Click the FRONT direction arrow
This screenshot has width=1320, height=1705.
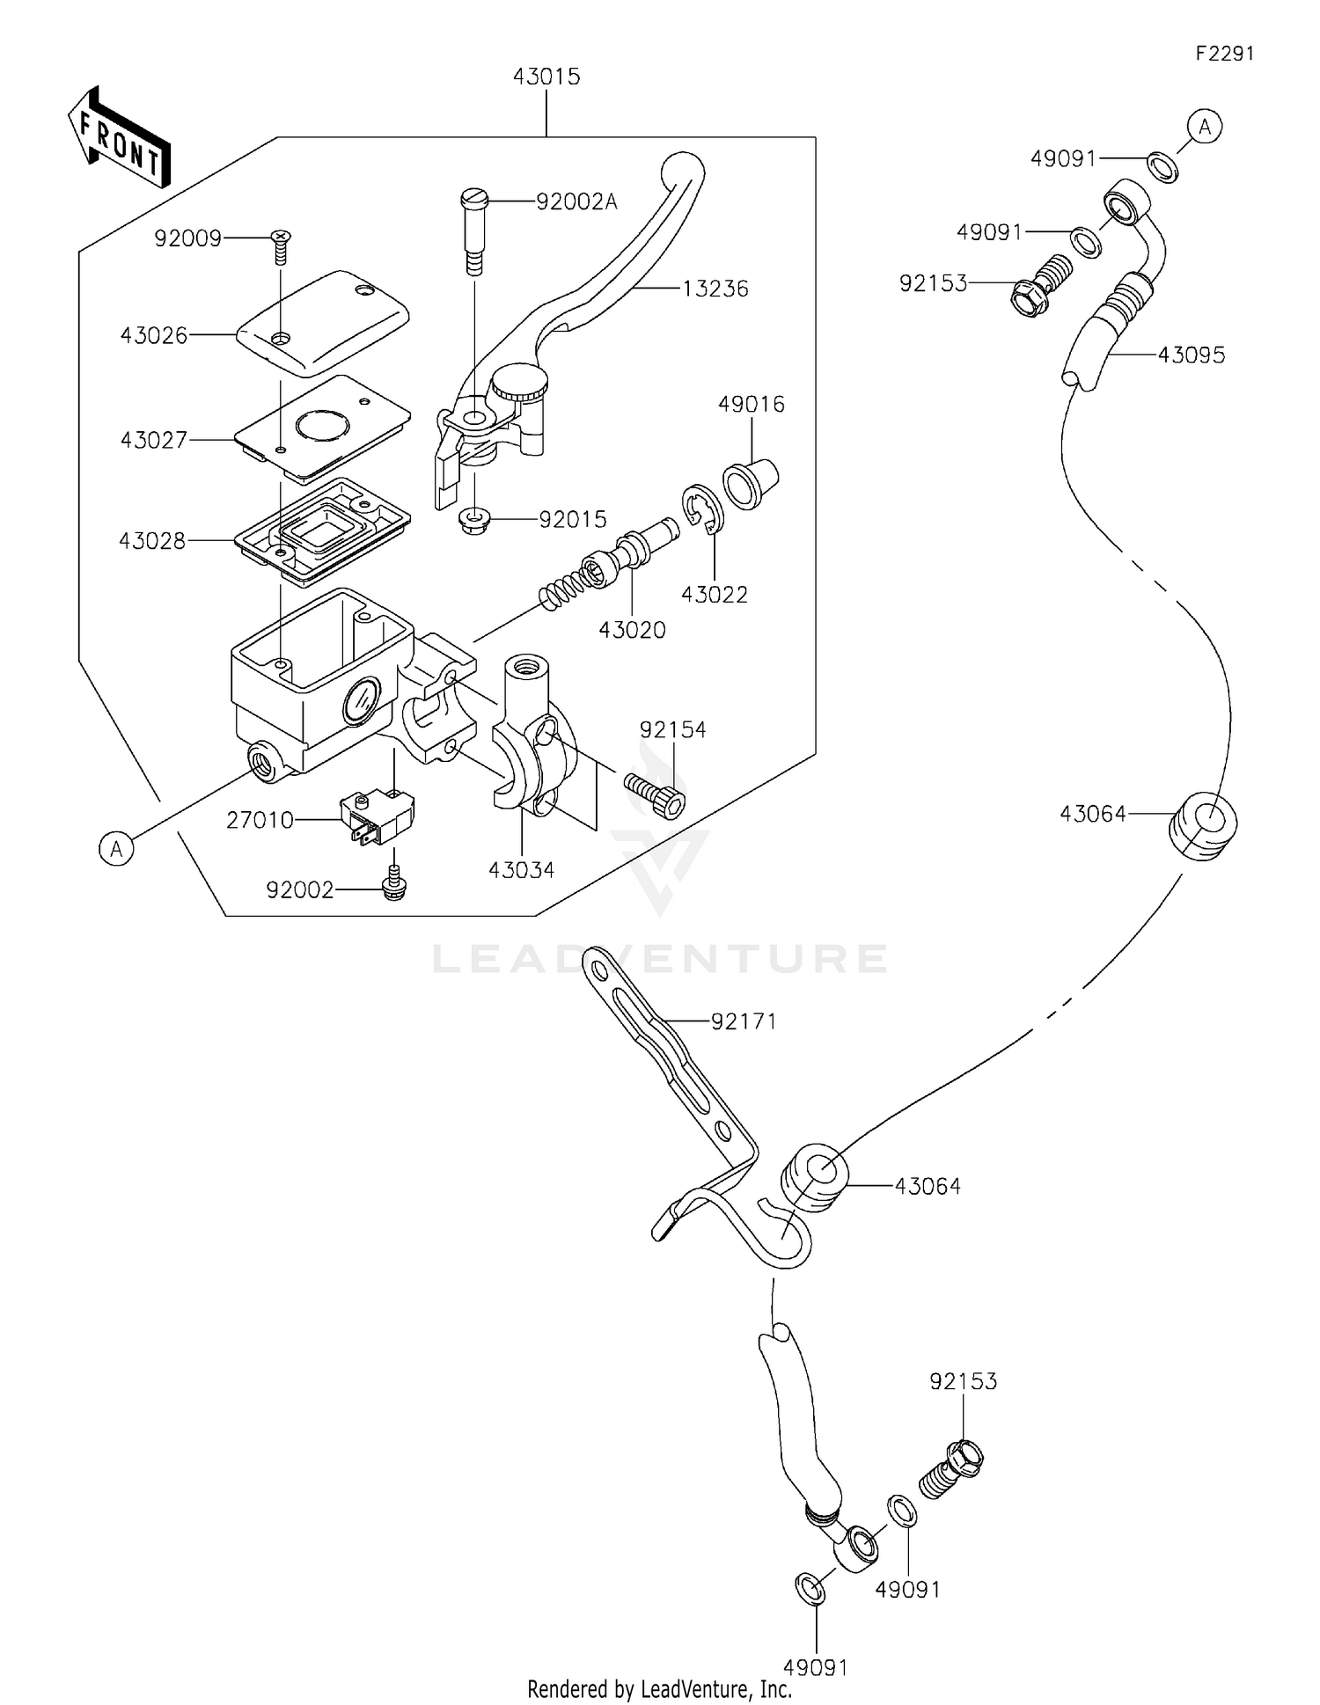click(x=119, y=138)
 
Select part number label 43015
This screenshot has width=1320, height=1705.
click(x=546, y=77)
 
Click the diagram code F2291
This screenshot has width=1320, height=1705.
click(x=1224, y=54)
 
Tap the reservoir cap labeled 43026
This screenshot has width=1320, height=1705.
click(x=323, y=322)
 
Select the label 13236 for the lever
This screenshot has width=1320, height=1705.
click(x=715, y=289)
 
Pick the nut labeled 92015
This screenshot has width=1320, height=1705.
click(x=475, y=521)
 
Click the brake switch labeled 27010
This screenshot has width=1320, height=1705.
click(x=377, y=816)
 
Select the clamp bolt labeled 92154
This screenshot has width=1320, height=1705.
click(x=656, y=791)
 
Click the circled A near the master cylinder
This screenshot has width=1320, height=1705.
click(x=116, y=849)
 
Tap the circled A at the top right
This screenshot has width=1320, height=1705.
click(x=1205, y=127)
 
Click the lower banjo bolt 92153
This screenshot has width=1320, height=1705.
click(x=953, y=1469)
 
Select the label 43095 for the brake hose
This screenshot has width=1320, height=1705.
click(x=1191, y=355)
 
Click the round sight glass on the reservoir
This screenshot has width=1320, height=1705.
click(x=361, y=701)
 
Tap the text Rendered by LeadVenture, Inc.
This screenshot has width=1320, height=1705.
click(x=659, y=1688)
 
